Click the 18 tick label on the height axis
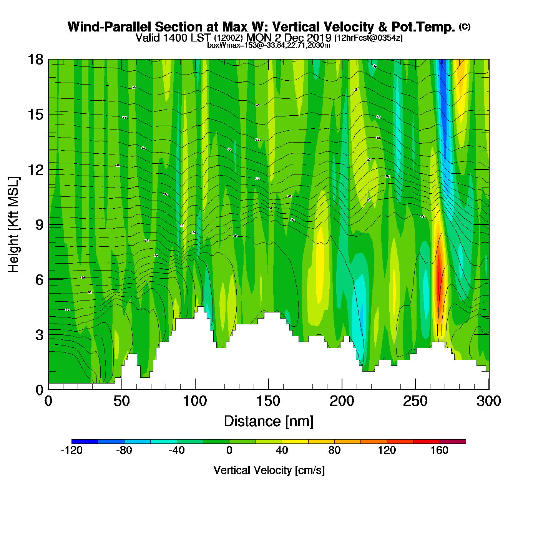click(35, 60)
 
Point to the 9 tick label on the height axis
click(39, 225)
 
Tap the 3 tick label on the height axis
click(39, 335)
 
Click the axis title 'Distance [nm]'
click(269, 422)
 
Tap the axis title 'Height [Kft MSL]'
click(14, 225)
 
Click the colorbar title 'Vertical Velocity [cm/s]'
click(269, 470)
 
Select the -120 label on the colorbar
click(71, 450)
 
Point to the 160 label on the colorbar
click(439, 450)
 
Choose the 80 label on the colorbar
click(334, 450)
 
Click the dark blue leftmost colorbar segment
click(85, 442)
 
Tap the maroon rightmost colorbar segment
click(453, 442)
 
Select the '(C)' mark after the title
click(465, 27)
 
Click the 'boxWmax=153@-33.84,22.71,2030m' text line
click(269, 45)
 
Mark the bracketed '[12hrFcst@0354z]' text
click(369, 38)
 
